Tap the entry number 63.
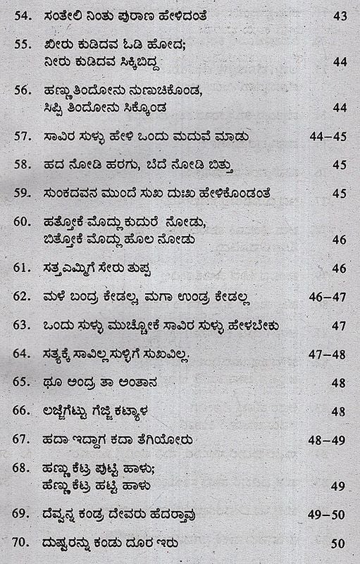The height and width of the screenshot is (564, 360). point(21,325)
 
